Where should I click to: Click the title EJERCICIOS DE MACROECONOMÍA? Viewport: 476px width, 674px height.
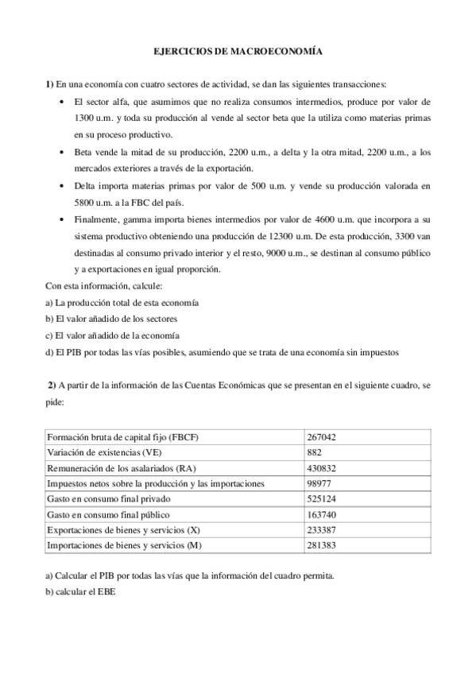tap(238, 50)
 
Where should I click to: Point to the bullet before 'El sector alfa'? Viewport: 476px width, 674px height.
tap(64, 103)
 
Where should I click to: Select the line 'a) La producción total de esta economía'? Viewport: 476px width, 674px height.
tap(122, 303)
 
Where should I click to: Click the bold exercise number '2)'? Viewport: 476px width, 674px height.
tap(51, 385)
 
